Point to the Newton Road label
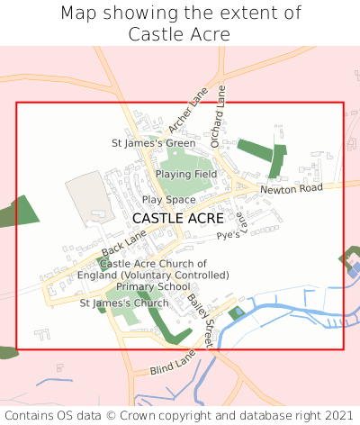point(291,189)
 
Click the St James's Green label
point(153,143)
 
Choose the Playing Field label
point(186,173)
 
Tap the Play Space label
point(168,199)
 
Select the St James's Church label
point(124,303)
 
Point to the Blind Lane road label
point(173,364)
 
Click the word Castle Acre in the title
point(179,34)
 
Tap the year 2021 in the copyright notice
point(334,415)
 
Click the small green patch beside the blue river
point(237,313)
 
